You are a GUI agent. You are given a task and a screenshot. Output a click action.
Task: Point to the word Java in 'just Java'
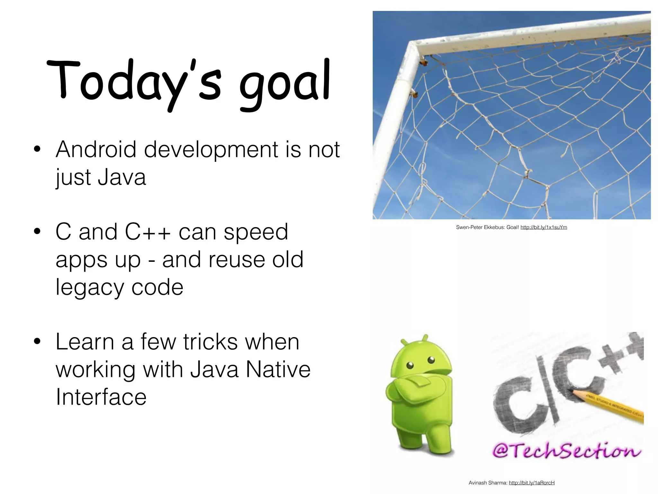click(x=122, y=177)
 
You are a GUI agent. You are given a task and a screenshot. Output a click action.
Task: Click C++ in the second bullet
click(x=148, y=232)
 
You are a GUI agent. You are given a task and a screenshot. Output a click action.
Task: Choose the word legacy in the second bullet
click(x=90, y=288)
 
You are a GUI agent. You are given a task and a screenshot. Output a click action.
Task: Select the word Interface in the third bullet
click(x=101, y=397)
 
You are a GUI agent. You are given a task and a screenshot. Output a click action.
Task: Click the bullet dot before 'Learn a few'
click(x=37, y=342)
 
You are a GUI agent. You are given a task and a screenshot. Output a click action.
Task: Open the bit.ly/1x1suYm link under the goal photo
click(x=544, y=227)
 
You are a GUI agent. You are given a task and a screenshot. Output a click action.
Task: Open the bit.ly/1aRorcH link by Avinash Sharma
click(x=532, y=483)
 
